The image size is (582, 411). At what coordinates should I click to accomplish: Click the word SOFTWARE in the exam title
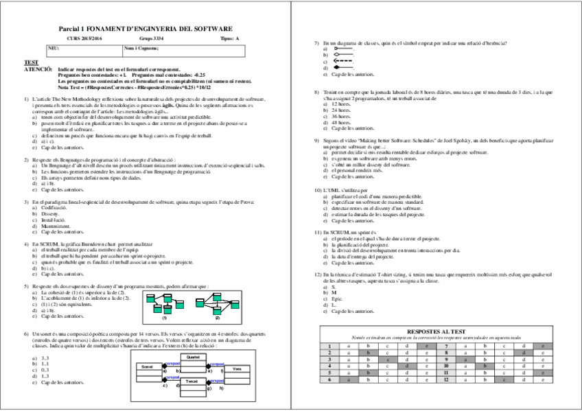tap(213, 29)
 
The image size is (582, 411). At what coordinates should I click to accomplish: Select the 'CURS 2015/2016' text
tap(89, 39)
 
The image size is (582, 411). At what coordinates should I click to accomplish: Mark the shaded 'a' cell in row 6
tap(349, 379)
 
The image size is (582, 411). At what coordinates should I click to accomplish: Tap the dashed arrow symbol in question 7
tap(342, 61)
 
